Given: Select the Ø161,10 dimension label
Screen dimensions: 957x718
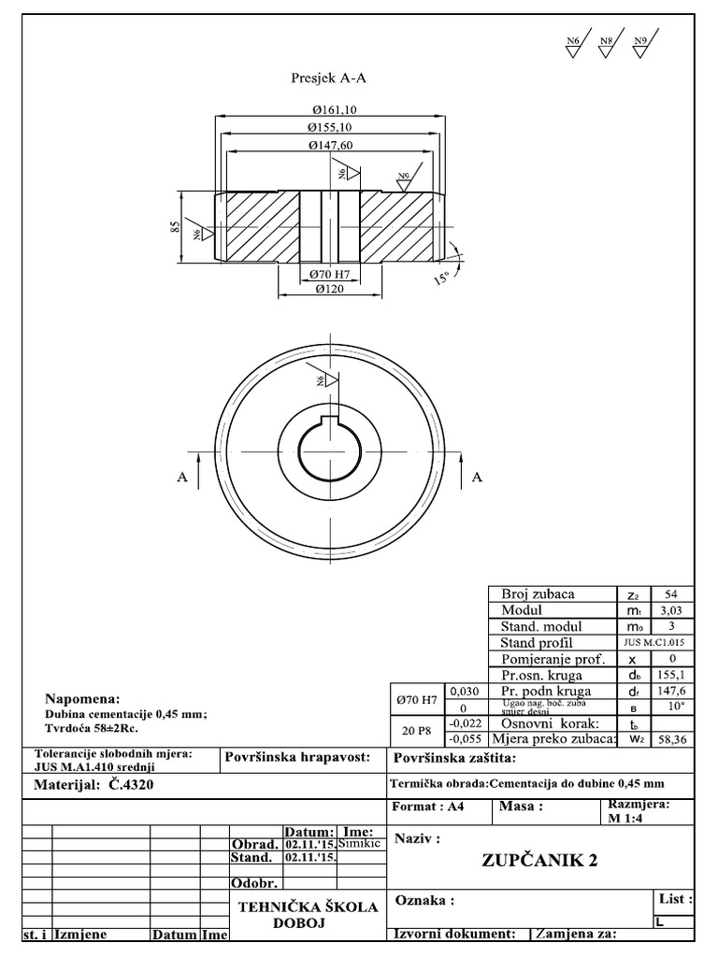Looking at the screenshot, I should pyautogui.click(x=332, y=109).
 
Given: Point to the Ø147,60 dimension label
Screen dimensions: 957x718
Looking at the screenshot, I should pyautogui.click(x=330, y=146).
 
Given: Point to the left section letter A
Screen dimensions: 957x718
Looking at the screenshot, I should pyautogui.click(x=183, y=477).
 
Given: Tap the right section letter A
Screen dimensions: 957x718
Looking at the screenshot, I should pyautogui.click(x=477, y=477).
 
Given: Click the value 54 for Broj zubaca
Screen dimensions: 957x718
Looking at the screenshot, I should pyautogui.click(x=671, y=594).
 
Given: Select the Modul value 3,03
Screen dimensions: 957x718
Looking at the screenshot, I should pyautogui.click(x=671, y=610).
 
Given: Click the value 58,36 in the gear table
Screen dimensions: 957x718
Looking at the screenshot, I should pyautogui.click(x=671, y=739).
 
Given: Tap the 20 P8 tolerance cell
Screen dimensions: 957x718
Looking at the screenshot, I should pyautogui.click(x=415, y=731).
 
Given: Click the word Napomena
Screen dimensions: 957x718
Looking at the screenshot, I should pyautogui.click(x=84, y=698).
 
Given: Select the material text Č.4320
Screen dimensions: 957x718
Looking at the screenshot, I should pyautogui.click(x=126, y=785).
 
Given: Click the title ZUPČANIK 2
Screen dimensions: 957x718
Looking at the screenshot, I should pyautogui.click(x=539, y=861).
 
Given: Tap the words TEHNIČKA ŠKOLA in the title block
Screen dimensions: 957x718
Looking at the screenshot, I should pyautogui.click(x=309, y=907).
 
